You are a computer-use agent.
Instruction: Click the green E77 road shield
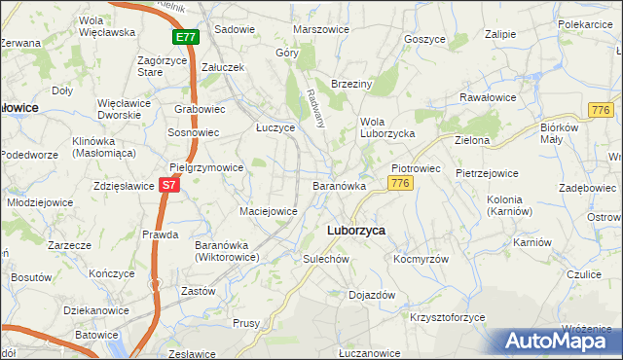187,37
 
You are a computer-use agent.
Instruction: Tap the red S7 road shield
169,184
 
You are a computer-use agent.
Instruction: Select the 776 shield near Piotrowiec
398,183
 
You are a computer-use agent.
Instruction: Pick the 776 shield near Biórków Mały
601,110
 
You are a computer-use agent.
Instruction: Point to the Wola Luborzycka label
387,127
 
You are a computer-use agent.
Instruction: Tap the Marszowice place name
320,29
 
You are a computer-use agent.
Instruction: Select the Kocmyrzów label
421,260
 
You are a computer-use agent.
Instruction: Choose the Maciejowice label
268,210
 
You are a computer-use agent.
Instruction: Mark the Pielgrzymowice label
206,167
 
